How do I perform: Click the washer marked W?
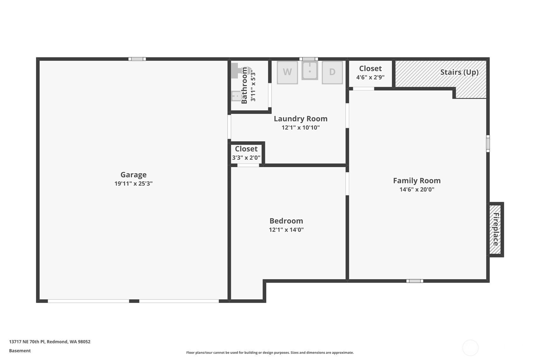tap(287, 73)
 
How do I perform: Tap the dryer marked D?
tap(332, 73)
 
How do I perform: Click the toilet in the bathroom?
tap(240, 71)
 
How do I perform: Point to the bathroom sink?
tap(236, 96)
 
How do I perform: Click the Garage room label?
tap(133, 174)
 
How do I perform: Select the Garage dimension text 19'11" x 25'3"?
tap(133, 183)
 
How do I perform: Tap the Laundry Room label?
tap(301, 119)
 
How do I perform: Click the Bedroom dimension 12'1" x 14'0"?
tap(286, 229)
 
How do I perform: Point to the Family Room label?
tap(417, 180)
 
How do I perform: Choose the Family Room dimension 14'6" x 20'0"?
tap(417, 189)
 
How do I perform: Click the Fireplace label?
tap(496, 229)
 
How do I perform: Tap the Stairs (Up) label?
tap(459, 72)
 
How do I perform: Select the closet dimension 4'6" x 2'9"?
tap(370, 77)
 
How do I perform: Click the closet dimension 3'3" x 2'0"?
tap(246, 158)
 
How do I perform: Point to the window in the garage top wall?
tap(137, 59)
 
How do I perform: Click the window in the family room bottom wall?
tap(415, 281)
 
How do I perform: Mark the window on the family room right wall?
tap(488, 144)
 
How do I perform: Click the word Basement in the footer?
tap(20, 350)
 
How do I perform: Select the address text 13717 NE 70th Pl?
tap(27, 342)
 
